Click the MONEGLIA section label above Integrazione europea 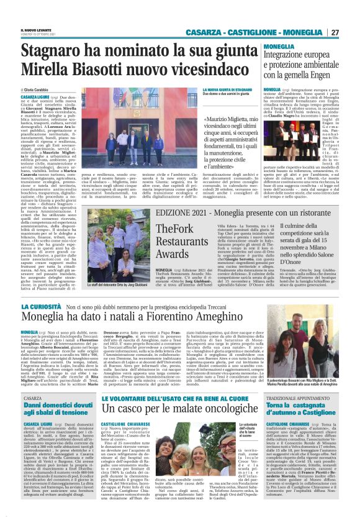point(280,47)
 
